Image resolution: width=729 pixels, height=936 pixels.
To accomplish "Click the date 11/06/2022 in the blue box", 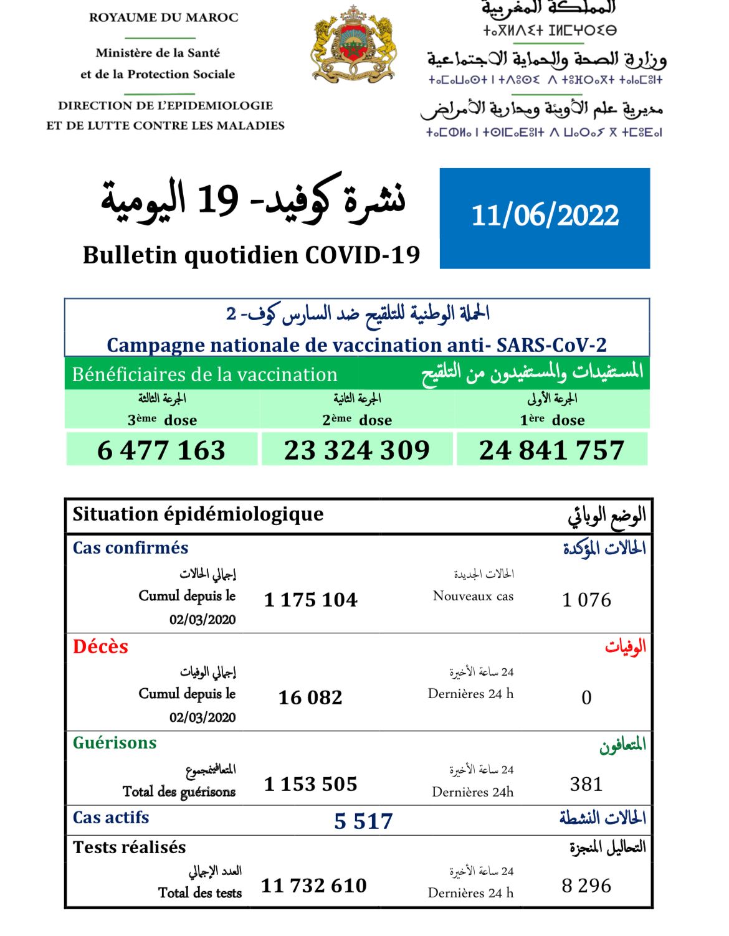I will pyautogui.click(x=545, y=215).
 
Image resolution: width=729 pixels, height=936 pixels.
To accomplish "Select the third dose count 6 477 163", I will pyautogui.click(x=161, y=450).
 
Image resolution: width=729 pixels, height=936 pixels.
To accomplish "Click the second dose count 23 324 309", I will pyautogui.click(x=357, y=450).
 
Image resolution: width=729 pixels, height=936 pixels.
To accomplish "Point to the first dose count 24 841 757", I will pyautogui.click(x=551, y=450).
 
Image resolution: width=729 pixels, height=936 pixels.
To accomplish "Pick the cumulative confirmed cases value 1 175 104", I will pyautogui.click(x=310, y=600).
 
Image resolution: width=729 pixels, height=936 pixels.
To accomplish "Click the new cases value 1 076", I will pyautogui.click(x=586, y=600).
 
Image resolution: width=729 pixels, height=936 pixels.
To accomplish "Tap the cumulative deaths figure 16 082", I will pyautogui.click(x=310, y=697).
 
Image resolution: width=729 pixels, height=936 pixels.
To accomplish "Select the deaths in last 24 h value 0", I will pyautogui.click(x=586, y=697).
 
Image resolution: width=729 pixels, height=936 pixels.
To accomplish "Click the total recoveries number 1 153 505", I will pyautogui.click(x=310, y=784).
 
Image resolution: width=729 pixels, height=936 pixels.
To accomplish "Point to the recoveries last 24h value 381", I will pyautogui.click(x=586, y=784).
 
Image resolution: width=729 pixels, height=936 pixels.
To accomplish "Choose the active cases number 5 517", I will pyautogui.click(x=363, y=821).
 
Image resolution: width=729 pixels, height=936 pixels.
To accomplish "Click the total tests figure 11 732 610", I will pyautogui.click(x=313, y=886).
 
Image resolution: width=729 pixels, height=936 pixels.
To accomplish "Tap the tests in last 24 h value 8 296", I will pyautogui.click(x=586, y=886).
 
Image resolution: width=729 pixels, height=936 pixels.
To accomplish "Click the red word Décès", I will pyautogui.click(x=100, y=646).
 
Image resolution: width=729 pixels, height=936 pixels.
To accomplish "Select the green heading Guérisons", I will pyautogui.click(x=115, y=743).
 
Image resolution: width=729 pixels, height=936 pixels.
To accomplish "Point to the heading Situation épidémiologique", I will pyautogui.click(x=198, y=514).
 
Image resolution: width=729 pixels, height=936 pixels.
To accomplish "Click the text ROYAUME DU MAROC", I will pyautogui.click(x=164, y=17).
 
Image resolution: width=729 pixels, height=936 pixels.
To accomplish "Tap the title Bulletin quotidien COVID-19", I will pyautogui.click(x=251, y=255).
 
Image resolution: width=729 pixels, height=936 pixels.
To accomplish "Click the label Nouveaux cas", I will pyautogui.click(x=473, y=596).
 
